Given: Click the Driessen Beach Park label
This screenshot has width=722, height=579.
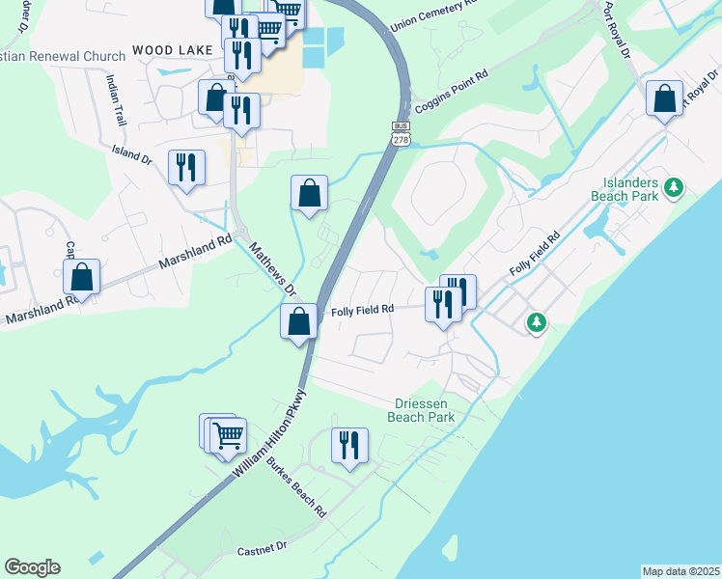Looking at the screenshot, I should coord(421,410).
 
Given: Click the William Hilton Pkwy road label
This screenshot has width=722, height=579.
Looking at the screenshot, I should coord(269,431).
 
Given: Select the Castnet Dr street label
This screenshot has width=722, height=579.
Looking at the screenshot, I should coord(263,548).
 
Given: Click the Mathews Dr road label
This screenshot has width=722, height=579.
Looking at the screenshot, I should coord(272,268).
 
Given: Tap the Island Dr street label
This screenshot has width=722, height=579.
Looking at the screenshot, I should coord(132,153).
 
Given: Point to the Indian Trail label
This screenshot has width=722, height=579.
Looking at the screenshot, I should coord(117,100).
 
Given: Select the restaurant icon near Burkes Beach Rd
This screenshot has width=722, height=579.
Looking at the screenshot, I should coord(347,445).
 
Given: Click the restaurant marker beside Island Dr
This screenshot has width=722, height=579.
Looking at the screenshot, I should coord(185,167).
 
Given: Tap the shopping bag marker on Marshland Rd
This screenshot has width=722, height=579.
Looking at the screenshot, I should coord(83,277).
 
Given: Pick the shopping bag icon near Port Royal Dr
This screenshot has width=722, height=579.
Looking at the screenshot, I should coord(664,98).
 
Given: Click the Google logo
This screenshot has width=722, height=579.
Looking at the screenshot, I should coord(32,567).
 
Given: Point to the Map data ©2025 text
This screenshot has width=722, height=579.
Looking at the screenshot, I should coord(680,571).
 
